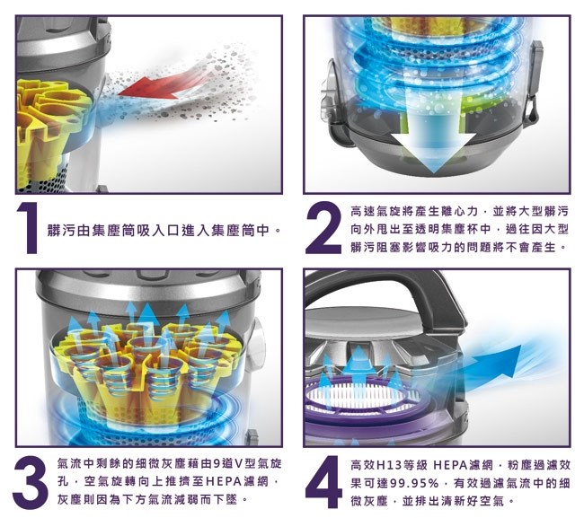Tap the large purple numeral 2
pos(323,228)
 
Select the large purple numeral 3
pos(30,482)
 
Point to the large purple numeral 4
pos(323,482)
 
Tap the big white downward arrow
pos(433,145)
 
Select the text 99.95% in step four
pos(413,483)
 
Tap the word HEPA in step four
pos(450,465)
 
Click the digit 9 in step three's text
pos(217,464)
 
